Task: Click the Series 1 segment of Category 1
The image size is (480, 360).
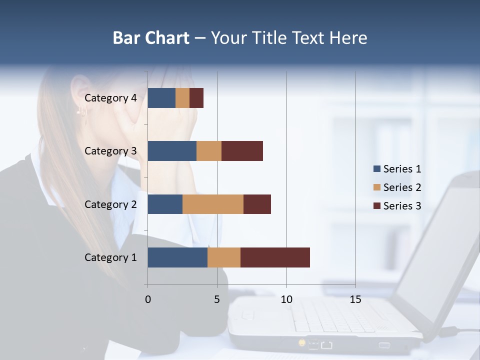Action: pos(177,257)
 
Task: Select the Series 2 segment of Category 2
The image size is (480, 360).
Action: pos(213,204)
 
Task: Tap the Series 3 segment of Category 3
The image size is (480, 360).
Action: pos(242,151)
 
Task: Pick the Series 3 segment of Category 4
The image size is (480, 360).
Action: pos(196,98)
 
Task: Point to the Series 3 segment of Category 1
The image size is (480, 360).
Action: pos(275,257)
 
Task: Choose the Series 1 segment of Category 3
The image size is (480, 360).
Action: pos(172,151)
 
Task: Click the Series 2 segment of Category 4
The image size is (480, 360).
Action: pos(182,98)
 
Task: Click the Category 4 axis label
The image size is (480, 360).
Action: pos(110,98)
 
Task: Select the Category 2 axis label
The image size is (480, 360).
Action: pos(110,204)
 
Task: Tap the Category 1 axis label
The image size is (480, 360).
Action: pos(110,257)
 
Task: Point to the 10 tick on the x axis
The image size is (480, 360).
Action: pos(286,299)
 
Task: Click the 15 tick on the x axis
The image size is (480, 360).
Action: pos(355,299)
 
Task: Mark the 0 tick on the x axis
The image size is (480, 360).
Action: pos(147,299)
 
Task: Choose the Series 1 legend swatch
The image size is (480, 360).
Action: pos(376,169)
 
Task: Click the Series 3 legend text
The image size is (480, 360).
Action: pos(402,205)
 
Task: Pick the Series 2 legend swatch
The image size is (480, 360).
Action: pos(376,187)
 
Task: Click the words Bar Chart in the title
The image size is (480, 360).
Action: pos(151,37)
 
